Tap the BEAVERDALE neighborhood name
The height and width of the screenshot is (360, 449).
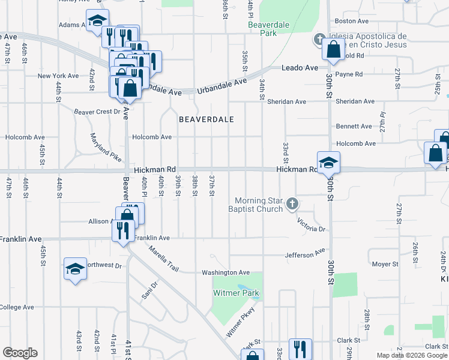tap(206, 119)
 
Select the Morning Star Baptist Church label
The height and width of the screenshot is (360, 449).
tap(258, 205)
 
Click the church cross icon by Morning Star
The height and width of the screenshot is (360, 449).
tap(292, 205)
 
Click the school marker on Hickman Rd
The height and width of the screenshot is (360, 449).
tap(328, 163)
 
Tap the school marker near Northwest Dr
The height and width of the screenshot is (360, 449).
tap(76, 269)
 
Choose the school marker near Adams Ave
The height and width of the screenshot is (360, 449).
tap(97, 21)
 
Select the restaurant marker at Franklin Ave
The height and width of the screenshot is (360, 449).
tap(124, 230)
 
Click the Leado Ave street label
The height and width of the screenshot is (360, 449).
tap(300, 68)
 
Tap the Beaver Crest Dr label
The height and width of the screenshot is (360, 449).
tap(97, 112)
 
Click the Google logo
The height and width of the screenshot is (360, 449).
tap(19, 353)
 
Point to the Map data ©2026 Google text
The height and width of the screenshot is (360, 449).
tap(412, 355)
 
